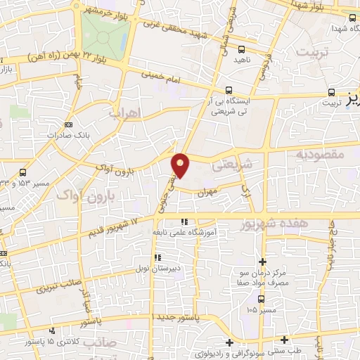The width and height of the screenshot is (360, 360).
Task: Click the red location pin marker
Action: point(181,165)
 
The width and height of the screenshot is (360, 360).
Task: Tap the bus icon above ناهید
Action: point(241,49)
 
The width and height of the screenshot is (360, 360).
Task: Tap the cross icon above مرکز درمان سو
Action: point(262,261)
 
